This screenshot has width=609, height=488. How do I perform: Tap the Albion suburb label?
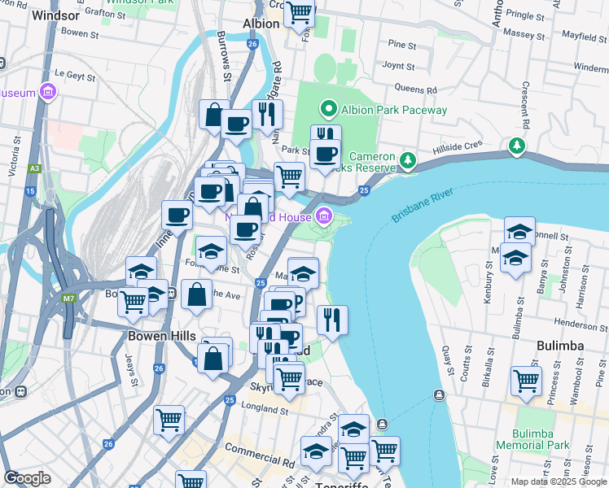tap(261, 24)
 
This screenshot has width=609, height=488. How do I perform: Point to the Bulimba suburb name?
tap(561, 346)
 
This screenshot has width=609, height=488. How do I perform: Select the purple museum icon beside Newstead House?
tap(325, 216)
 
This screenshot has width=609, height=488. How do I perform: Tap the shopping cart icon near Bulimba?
tap(526, 380)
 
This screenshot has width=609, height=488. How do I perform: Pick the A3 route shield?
tap(34, 168)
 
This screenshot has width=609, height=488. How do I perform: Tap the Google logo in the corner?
tap(27, 478)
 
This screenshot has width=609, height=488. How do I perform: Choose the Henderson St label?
tap(581, 324)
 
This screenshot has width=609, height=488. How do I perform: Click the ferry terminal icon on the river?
tap(439, 395)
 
